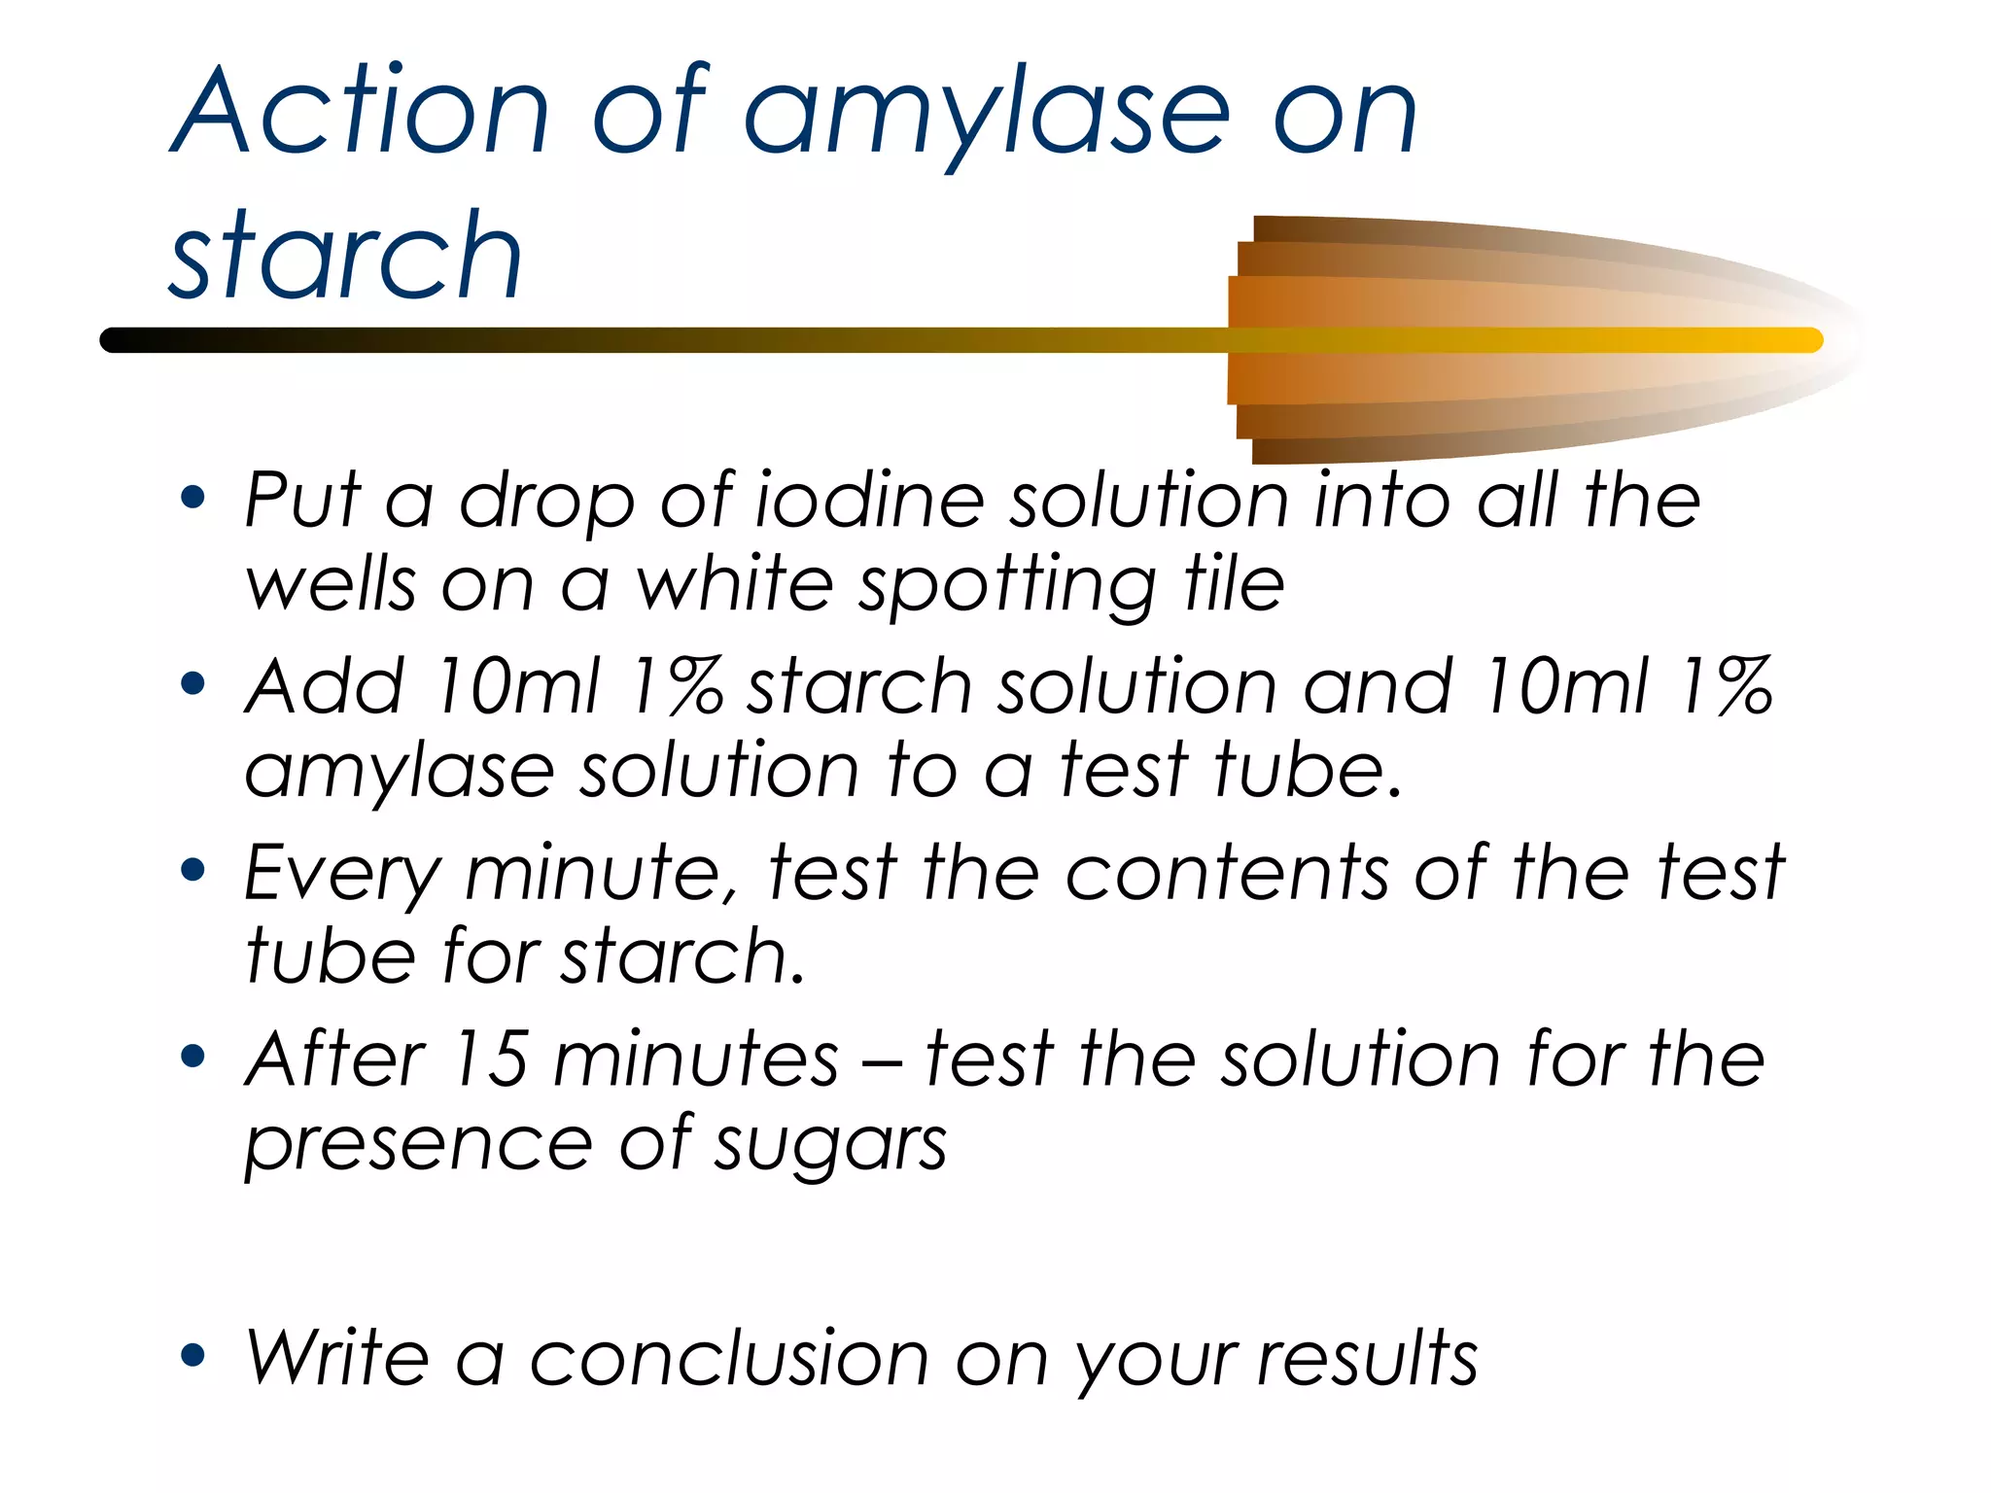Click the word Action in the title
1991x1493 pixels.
360,112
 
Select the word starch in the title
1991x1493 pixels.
345,258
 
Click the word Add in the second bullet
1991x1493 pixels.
324,686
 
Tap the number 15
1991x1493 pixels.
490,1059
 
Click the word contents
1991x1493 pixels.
1228,873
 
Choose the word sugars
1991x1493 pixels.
831,1147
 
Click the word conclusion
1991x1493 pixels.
729,1359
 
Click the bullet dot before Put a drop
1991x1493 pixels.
193,498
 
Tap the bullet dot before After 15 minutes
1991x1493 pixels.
193,1056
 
